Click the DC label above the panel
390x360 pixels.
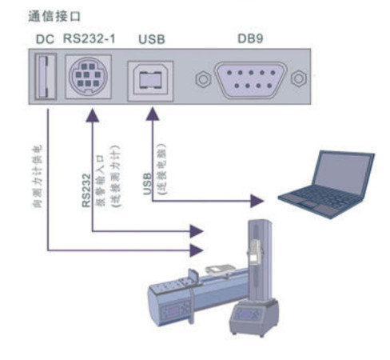coord(45,38)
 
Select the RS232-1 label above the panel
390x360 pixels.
coord(89,38)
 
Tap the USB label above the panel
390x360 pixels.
coord(149,38)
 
